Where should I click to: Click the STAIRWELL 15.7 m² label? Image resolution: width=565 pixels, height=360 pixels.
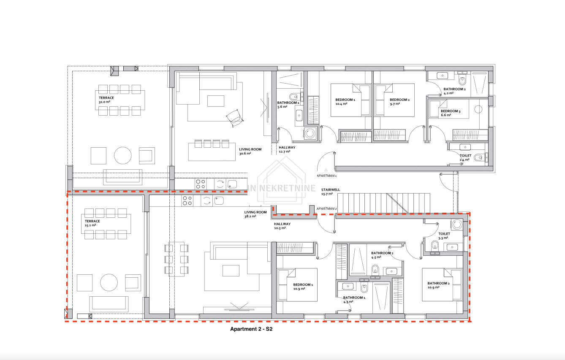(x=330, y=192)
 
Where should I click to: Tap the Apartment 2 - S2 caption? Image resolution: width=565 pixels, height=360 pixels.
(x=251, y=329)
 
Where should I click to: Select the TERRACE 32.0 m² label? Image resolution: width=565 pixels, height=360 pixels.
(x=106, y=100)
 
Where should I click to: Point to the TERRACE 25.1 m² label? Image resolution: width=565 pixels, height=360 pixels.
(x=92, y=223)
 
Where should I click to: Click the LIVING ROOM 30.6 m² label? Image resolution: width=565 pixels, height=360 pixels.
(x=250, y=151)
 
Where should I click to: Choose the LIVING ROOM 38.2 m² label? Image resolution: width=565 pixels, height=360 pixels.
(x=255, y=214)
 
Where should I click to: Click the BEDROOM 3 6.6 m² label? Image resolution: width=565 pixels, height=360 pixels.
(x=451, y=113)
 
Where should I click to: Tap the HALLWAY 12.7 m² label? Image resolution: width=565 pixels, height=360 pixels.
(x=287, y=149)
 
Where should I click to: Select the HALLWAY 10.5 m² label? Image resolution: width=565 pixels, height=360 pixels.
(x=282, y=226)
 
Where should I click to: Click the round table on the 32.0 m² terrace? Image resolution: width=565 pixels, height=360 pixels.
(x=122, y=156)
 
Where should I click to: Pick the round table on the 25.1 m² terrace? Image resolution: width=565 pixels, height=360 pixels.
(x=109, y=283)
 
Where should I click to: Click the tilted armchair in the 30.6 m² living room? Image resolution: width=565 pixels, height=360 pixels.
(x=235, y=118)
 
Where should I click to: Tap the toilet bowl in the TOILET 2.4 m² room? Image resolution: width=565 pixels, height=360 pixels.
(x=478, y=158)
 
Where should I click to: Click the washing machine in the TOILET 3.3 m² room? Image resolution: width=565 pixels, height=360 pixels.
(x=457, y=225)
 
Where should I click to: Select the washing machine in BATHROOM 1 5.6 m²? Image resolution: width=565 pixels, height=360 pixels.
(x=310, y=133)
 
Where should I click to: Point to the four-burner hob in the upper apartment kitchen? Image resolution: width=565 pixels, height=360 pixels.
(x=201, y=184)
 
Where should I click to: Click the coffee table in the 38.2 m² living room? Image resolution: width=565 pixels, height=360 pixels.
(x=231, y=271)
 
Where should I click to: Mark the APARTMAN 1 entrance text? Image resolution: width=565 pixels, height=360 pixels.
(x=327, y=176)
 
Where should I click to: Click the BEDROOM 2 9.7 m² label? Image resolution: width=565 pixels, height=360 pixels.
(x=399, y=102)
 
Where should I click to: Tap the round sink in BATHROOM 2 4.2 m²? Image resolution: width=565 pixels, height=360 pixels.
(x=442, y=76)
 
